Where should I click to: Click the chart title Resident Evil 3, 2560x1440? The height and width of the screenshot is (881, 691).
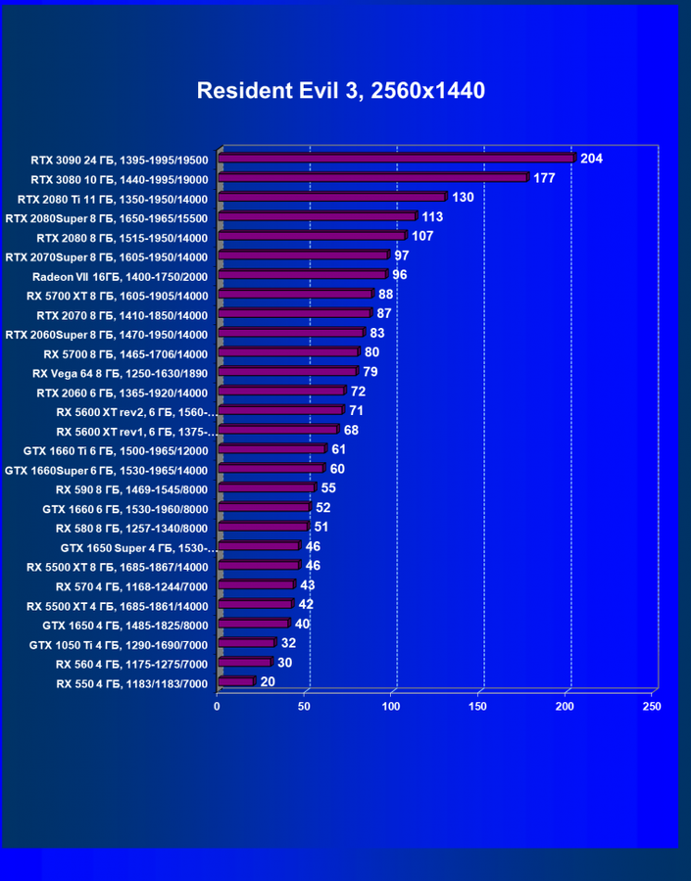point(341,91)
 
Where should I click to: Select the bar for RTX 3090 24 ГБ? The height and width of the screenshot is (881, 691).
point(395,159)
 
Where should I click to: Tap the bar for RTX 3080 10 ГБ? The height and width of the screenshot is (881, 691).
point(372,178)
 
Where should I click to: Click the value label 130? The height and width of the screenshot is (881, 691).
point(464,198)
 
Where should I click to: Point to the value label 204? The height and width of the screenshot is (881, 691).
point(591,159)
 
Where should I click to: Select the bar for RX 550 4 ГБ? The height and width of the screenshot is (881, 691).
point(235,682)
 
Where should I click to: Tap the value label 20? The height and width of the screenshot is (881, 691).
point(267,682)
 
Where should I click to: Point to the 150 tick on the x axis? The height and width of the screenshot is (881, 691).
point(478,706)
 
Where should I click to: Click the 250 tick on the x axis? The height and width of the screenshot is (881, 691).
point(652,706)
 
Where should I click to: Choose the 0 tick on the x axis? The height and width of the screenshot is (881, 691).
point(218,706)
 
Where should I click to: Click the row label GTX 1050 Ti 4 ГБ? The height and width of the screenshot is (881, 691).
point(119,644)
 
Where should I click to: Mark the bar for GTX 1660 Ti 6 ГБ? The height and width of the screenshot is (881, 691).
point(271,449)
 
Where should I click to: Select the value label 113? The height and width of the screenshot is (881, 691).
point(432,216)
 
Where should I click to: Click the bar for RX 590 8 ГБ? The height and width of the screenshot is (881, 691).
point(266,488)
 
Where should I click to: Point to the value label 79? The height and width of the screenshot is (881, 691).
point(370,372)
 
